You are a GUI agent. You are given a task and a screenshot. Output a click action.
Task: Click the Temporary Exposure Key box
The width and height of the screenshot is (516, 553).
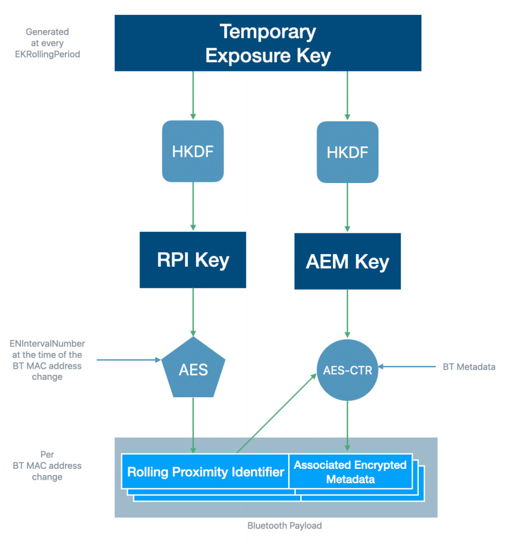(x=268, y=43)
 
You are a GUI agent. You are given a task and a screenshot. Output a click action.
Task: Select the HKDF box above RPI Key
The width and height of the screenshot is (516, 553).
(x=193, y=151)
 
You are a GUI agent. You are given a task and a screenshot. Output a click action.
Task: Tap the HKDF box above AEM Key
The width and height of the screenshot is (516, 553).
(x=348, y=152)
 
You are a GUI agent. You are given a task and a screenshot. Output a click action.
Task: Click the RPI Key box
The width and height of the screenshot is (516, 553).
(x=193, y=260)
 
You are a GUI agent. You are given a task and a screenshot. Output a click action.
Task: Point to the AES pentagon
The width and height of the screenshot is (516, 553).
(x=193, y=369)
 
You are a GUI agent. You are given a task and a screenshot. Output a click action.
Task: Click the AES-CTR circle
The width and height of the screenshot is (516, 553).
(x=348, y=370)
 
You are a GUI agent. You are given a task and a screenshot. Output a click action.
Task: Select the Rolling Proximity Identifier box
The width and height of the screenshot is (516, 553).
(x=206, y=472)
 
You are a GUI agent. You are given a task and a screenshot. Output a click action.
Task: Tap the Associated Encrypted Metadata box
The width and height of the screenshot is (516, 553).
(x=350, y=472)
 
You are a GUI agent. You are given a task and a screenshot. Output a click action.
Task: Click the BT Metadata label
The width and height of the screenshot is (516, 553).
(x=469, y=367)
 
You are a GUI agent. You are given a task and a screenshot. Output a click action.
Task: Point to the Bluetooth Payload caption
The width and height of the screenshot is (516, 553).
(x=284, y=526)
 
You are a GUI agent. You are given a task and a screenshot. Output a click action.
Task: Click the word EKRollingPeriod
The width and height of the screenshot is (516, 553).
(x=48, y=54)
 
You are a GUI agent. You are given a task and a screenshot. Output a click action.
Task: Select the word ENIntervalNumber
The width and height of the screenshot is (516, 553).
(x=48, y=344)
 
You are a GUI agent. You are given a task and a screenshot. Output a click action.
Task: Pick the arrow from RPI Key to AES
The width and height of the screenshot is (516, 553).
(x=193, y=311)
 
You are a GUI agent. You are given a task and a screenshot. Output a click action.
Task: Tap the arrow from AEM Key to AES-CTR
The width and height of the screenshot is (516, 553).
(x=348, y=314)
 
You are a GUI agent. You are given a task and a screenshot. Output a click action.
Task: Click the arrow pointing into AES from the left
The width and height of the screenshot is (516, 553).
(x=129, y=360)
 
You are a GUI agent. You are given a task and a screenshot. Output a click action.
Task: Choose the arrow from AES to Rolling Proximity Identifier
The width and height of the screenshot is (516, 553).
(x=193, y=425)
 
